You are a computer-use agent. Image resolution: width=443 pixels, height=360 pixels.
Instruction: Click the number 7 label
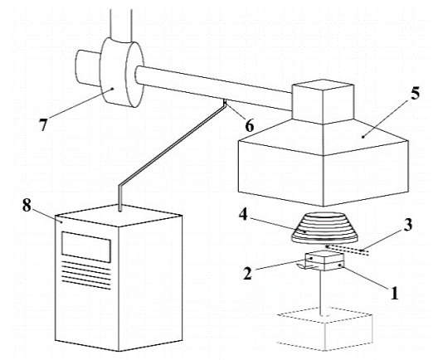tap(43, 125)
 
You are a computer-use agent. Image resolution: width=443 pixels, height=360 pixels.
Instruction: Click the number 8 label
tap(27, 206)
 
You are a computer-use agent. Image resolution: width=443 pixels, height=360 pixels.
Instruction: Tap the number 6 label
tap(250, 125)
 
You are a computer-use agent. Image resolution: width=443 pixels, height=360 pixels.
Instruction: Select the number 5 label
tap(415, 93)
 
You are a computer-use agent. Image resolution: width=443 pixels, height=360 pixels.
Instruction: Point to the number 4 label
tap(243, 215)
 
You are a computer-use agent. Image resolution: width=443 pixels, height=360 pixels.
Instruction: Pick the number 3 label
tap(407, 225)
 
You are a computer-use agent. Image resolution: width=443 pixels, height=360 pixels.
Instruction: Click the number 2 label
tap(247, 273)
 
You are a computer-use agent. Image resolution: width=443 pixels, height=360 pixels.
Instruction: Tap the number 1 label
tap(394, 293)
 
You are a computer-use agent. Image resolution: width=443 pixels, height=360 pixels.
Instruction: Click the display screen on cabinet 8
tap(86, 246)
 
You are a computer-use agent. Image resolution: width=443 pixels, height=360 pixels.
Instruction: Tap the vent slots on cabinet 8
tap(86, 275)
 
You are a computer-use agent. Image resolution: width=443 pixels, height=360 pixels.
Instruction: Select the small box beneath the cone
tap(325, 261)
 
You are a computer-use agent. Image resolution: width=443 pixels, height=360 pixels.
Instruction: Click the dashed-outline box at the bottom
tap(325, 328)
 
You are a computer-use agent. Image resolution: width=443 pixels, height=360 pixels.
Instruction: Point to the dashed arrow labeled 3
tap(348, 249)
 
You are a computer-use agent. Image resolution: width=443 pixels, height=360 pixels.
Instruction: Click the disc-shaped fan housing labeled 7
tap(122, 72)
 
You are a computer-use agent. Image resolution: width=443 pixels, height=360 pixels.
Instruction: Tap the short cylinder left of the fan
tap(88, 68)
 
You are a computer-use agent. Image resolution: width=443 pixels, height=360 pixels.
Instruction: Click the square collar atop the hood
tap(323, 101)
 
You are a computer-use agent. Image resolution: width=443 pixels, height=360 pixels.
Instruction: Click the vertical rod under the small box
tap(322, 292)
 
